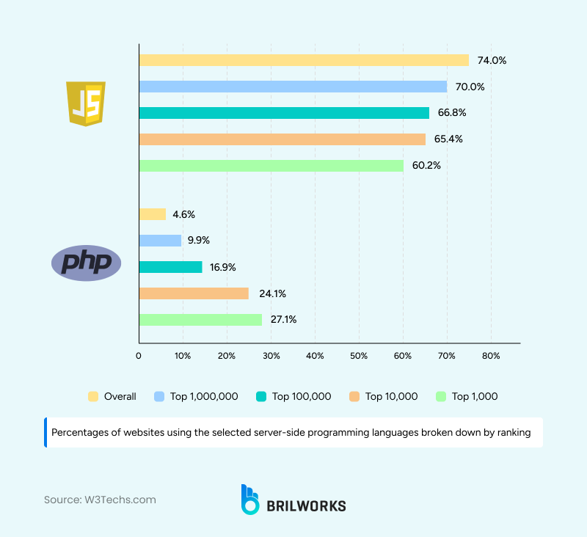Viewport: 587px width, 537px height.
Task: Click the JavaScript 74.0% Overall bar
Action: point(303,60)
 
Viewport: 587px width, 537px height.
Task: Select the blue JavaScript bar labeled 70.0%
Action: point(292,87)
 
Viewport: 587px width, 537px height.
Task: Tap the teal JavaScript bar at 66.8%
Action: point(283,113)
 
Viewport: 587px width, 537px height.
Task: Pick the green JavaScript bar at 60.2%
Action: point(271,166)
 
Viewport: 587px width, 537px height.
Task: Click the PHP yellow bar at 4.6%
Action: point(152,214)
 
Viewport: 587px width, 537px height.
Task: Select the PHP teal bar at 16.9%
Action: point(170,267)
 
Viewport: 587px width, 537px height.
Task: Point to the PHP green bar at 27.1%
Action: point(200,320)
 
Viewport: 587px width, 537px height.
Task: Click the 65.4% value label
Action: point(448,139)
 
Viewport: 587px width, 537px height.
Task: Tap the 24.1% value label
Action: point(271,293)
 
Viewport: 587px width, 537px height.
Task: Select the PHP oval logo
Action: point(86,263)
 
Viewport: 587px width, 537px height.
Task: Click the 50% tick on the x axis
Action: point(359,356)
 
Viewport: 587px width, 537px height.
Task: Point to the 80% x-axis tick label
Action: point(491,356)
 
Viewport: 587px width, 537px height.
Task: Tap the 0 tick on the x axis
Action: point(139,356)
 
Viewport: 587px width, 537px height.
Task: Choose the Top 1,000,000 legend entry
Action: point(196,396)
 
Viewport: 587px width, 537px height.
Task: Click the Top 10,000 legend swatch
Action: point(354,396)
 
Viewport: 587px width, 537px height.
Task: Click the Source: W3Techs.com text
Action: point(100,500)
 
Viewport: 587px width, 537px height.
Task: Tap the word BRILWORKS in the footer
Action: point(306,505)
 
